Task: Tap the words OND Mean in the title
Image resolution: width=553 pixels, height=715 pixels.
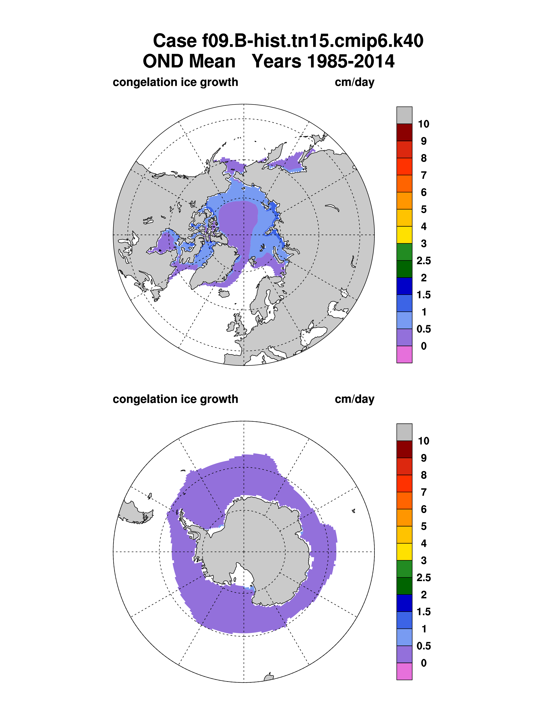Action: point(189,61)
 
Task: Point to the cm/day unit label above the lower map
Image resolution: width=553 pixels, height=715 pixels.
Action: point(355,399)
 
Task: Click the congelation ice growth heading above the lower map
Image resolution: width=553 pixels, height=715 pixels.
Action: point(175,399)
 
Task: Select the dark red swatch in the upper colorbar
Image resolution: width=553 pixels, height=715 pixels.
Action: point(404,132)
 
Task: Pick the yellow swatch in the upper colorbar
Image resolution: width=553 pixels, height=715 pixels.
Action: point(404,235)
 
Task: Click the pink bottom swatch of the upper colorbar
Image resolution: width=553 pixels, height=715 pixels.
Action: point(404,354)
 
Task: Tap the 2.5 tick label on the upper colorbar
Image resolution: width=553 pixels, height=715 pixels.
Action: point(424,261)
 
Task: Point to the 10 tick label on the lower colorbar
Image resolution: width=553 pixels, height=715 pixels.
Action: point(423,441)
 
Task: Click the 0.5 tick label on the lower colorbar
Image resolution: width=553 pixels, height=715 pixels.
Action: point(424,646)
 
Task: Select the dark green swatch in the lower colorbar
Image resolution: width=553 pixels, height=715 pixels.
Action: point(404,586)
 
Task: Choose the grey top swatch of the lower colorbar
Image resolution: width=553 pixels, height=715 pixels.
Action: point(404,432)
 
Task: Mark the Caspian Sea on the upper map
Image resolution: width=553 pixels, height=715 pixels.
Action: point(314,334)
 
